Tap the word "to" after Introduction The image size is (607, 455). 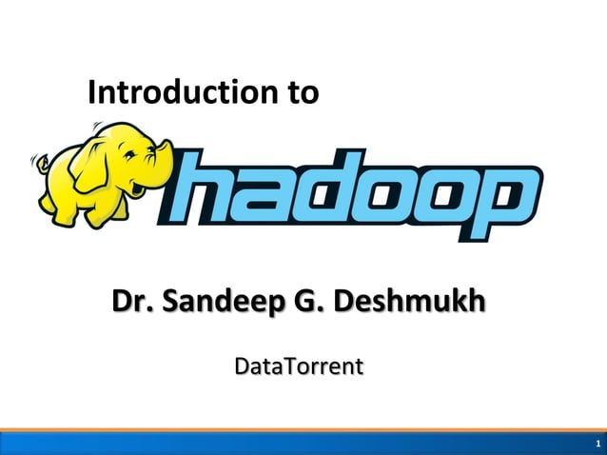point(296,93)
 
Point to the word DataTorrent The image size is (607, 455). point(299,366)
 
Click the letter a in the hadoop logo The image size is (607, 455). point(269,196)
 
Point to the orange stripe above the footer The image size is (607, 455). point(303,430)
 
